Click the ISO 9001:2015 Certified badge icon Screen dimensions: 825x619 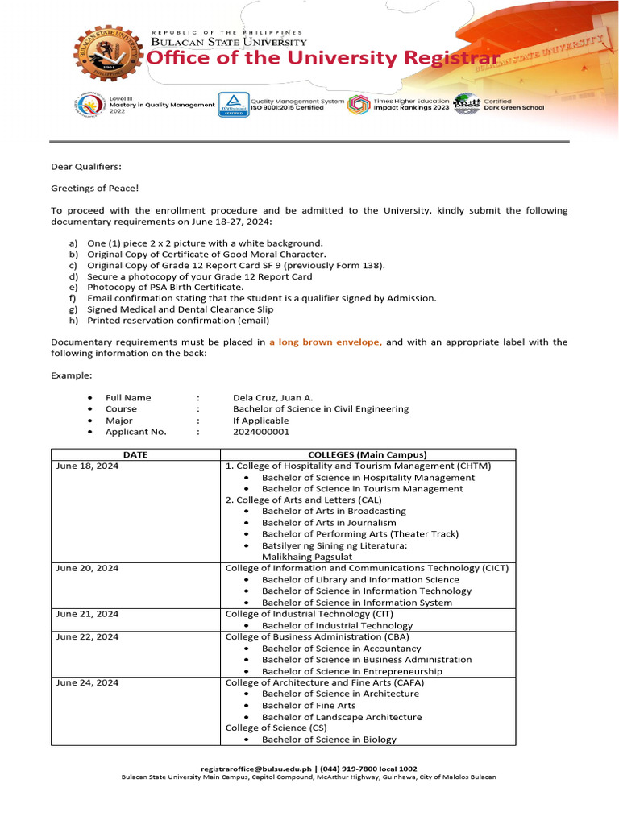click(233, 105)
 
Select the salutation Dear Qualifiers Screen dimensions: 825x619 click(86, 166)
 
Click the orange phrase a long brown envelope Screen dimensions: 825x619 click(326, 342)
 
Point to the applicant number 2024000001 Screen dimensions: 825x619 click(261, 432)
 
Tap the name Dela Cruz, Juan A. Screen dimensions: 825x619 click(274, 397)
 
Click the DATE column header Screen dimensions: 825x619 click(135, 454)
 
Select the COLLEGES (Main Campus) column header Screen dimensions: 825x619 click(368, 454)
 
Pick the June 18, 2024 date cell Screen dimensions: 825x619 click(87, 466)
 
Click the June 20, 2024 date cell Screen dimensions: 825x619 click(87, 568)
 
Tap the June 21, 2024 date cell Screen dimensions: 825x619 click(87, 614)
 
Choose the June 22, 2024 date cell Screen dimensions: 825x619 click(87, 636)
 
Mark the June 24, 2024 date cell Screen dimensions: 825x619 click(87, 682)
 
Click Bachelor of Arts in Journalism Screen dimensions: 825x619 click(329, 522)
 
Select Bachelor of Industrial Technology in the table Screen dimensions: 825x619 click(337, 625)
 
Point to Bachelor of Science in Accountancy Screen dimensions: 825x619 click(341, 649)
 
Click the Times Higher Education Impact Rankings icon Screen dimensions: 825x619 click(359, 105)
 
